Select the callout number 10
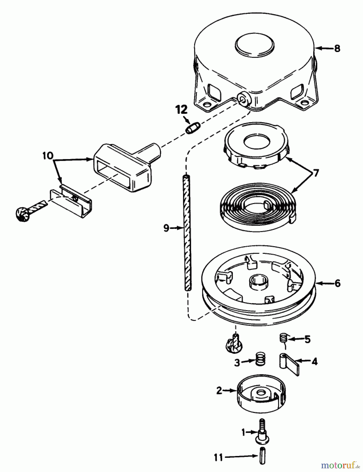(x=48, y=156)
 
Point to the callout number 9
(x=166, y=228)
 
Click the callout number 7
(x=316, y=173)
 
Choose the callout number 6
(x=338, y=283)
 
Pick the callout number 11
(x=218, y=458)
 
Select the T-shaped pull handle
(x=123, y=167)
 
